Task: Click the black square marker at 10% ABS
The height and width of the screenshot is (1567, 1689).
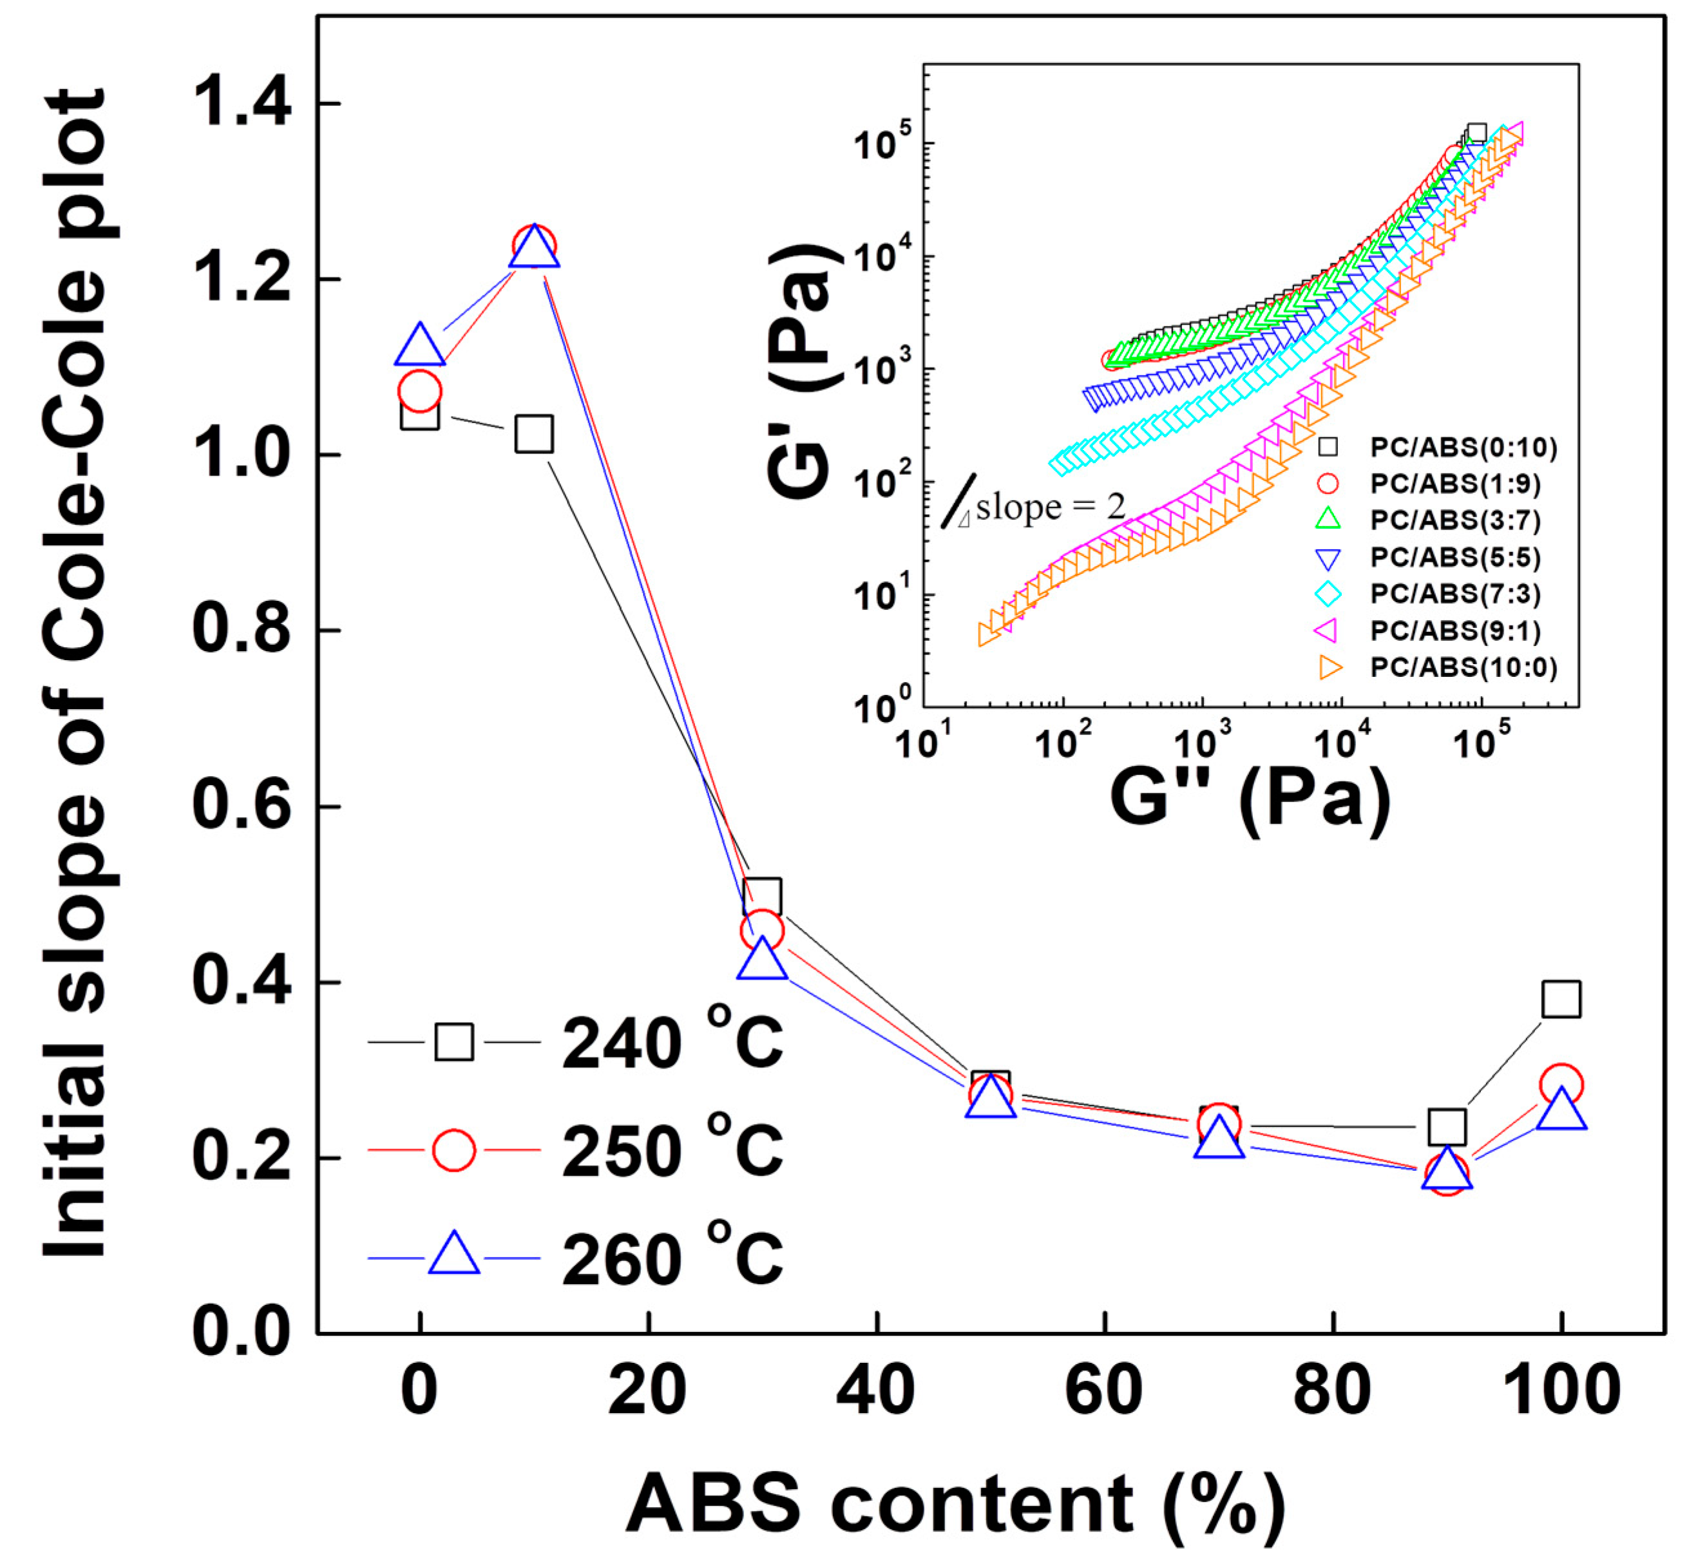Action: click(x=534, y=433)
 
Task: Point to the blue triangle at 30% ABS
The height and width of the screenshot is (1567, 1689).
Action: click(x=762, y=959)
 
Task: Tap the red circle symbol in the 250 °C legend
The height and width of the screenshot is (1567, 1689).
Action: click(x=453, y=1150)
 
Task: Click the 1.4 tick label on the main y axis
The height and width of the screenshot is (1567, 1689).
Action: click(x=242, y=104)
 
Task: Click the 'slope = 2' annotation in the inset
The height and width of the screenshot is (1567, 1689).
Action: click(x=1050, y=507)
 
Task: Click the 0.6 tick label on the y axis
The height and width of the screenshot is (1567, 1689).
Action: click(x=242, y=806)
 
